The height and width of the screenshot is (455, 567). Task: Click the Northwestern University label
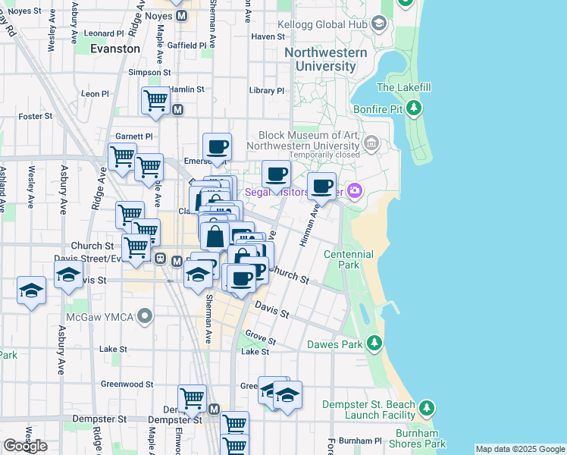(326, 59)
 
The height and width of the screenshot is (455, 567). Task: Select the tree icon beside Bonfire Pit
(414, 109)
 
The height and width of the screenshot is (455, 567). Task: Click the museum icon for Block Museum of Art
(371, 143)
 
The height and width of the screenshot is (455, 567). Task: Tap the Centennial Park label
(352, 259)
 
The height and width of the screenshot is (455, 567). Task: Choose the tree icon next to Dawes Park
(373, 344)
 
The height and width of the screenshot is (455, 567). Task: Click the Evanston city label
(115, 49)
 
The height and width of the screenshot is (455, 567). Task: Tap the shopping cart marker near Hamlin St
(155, 100)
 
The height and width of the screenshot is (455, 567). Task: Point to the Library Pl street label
(266, 91)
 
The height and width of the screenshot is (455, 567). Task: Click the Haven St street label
(267, 36)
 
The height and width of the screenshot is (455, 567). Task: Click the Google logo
(25, 446)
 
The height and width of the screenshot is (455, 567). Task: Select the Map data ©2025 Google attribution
(519, 449)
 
